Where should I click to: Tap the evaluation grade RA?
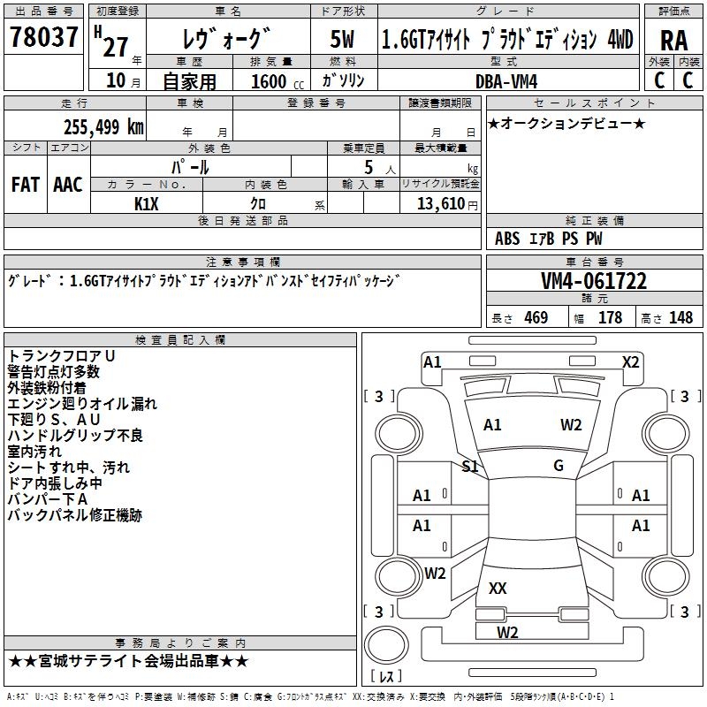tap(673, 41)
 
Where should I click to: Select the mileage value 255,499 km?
tap(103, 127)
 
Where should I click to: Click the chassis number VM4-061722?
tap(594, 282)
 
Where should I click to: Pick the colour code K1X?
tap(147, 203)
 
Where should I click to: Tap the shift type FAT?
tap(26, 185)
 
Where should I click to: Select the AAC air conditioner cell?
tap(68, 185)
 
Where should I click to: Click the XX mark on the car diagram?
tap(498, 588)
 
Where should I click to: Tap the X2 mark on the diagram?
tap(630, 361)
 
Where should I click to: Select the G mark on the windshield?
tap(558, 465)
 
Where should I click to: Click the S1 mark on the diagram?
tap(470, 466)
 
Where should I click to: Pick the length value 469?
tap(536, 318)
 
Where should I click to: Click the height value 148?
tap(680, 318)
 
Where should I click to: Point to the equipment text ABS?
tap(507, 239)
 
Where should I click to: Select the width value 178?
tap(610, 318)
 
